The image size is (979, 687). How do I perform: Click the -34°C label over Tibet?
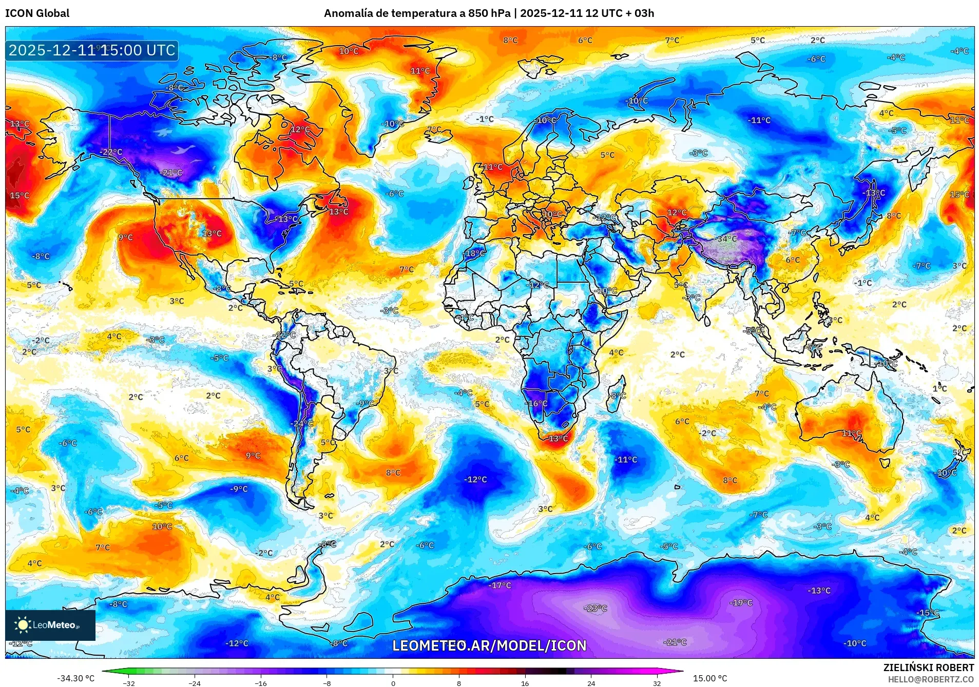click(x=727, y=239)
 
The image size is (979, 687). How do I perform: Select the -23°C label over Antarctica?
click(x=596, y=608)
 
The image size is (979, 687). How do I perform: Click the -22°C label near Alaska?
click(x=111, y=152)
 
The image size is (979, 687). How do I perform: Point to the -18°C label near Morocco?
click(x=474, y=253)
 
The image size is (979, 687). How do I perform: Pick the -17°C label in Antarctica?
click(x=500, y=585)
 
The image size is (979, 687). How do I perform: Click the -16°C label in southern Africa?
click(x=536, y=403)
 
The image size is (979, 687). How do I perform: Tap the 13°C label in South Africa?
click(x=559, y=439)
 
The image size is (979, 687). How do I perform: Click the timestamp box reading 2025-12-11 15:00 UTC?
click(x=92, y=50)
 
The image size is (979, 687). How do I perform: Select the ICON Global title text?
click(x=37, y=13)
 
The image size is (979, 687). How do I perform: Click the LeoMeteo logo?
click(x=50, y=625)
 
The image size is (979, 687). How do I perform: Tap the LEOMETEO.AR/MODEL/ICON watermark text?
click(x=489, y=645)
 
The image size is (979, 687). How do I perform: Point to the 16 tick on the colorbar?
click(x=525, y=683)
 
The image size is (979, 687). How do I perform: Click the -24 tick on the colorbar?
click(x=194, y=683)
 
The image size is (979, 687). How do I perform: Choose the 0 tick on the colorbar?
click(x=393, y=683)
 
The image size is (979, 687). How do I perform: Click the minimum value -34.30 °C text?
click(x=75, y=678)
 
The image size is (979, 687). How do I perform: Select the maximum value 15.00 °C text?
click(x=710, y=678)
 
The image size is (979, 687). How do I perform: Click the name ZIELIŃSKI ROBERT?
click(x=928, y=668)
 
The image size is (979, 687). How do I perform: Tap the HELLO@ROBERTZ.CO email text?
click(x=931, y=679)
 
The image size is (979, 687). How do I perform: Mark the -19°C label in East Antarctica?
click(x=741, y=602)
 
